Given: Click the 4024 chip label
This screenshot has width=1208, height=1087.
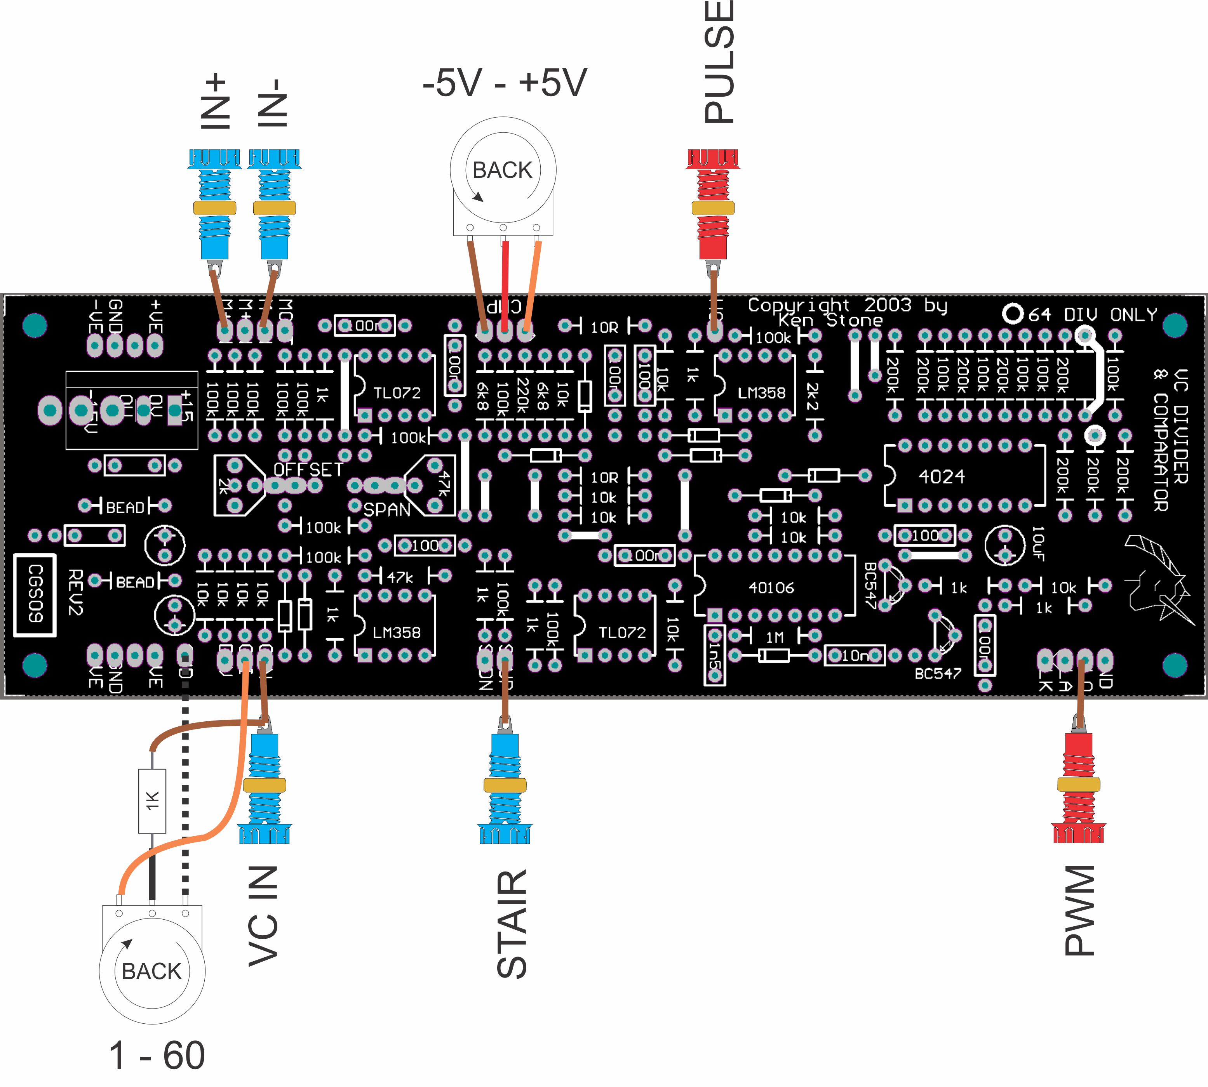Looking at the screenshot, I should click(x=942, y=477).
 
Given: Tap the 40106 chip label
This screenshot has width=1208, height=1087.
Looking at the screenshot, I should click(x=771, y=588).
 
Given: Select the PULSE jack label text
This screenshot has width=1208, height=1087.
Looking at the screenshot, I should click(x=719, y=63).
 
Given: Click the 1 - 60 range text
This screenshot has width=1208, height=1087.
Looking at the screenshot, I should click(x=157, y=1055).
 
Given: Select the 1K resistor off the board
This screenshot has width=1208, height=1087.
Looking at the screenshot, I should click(x=152, y=801).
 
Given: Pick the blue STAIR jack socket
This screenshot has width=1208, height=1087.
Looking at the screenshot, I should click(x=505, y=785).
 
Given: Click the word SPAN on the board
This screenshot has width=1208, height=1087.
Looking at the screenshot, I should click(x=387, y=509).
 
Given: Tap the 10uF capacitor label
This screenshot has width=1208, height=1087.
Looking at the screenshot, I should click(x=1038, y=543).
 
